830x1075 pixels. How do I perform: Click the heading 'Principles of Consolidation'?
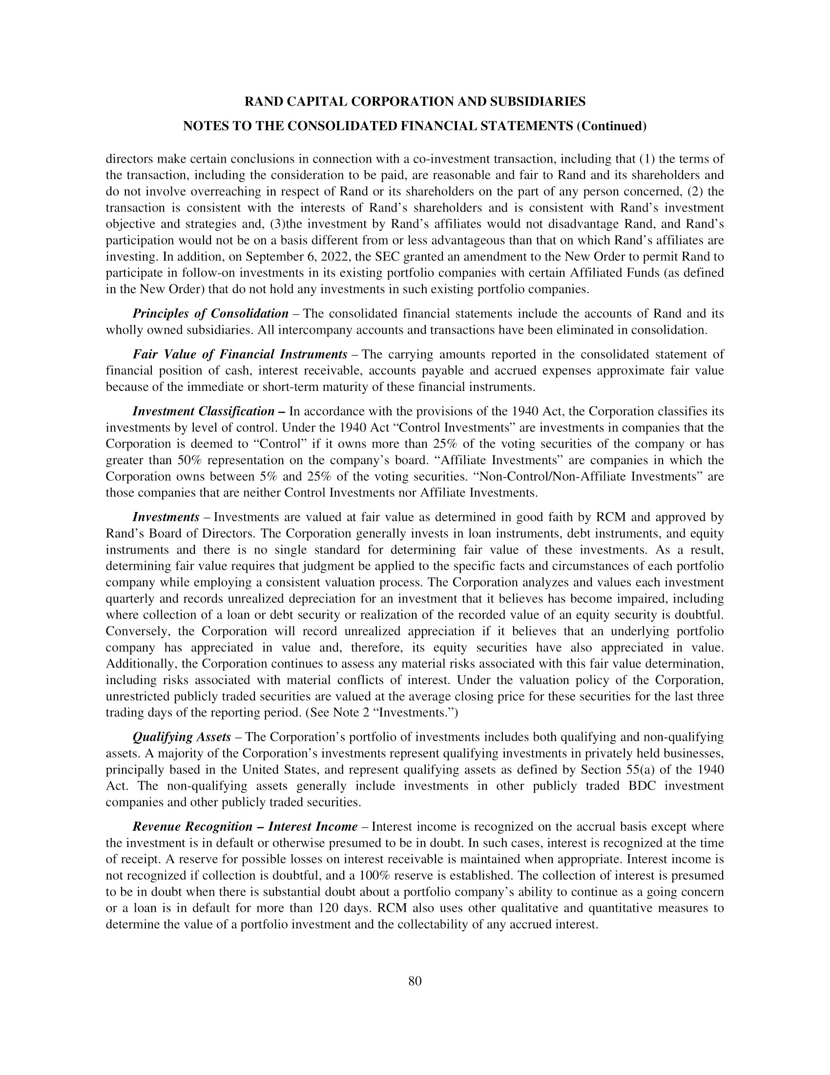click(210, 314)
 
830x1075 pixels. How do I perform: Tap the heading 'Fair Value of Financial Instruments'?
click(240, 354)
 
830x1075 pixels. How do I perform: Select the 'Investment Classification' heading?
click(203, 411)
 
